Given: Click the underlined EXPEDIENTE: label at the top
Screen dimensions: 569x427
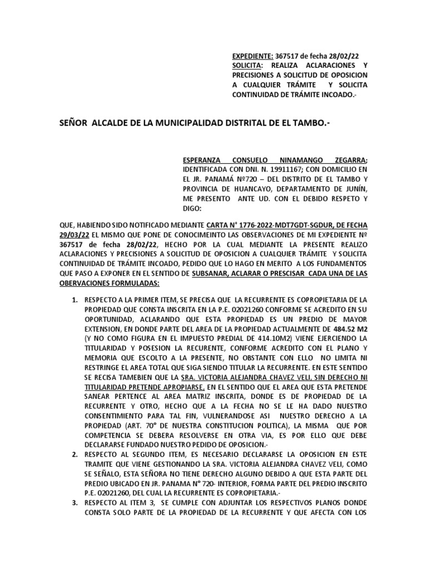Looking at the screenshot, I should coord(252,56).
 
